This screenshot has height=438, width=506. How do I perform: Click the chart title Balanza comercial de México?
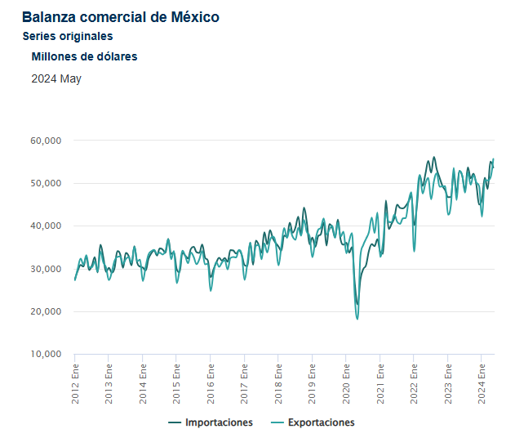tap(120, 16)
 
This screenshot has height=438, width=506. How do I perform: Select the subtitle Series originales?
tap(68, 36)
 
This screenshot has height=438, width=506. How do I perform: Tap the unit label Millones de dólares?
tap(84, 56)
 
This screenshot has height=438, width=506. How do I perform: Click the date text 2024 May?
tap(56, 79)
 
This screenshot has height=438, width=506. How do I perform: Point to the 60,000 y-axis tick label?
tap(47, 141)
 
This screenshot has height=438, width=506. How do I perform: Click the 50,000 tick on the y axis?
tap(47, 183)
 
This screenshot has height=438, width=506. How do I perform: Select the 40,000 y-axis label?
tap(47, 226)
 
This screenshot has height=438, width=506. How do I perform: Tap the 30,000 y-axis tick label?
tap(47, 269)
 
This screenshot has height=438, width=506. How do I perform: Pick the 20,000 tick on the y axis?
tap(47, 312)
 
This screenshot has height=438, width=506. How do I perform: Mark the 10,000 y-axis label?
tap(47, 355)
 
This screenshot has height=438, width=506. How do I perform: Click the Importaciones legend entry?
tap(211, 422)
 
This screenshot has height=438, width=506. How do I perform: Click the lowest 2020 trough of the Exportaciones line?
tap(357, 319)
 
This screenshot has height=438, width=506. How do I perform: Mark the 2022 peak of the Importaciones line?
tap(434, 157)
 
